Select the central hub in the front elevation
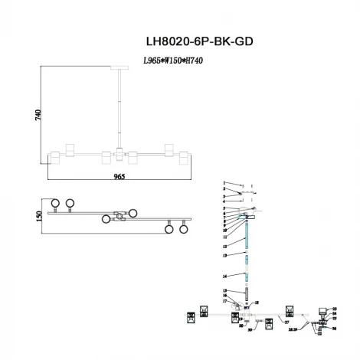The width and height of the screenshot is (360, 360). click(x=120, y=155)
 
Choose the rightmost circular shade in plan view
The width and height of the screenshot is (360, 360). click(x=184, y=227)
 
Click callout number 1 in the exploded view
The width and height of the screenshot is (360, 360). click(x=224, y=183)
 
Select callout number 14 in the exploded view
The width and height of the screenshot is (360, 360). click(x=224, y=275)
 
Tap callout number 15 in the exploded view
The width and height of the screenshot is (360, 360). click(x=224, y=290)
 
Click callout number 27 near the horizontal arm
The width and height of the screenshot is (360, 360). click(x=286, y=323)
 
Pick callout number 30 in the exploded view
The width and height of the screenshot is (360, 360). click(x=250, y=329)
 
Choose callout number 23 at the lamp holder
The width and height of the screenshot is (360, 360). click(x=335, y=309)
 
